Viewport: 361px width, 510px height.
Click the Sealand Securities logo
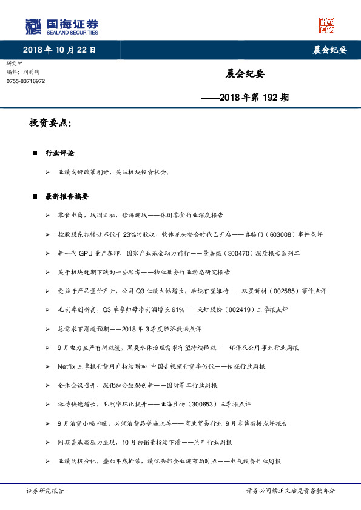point(61,26)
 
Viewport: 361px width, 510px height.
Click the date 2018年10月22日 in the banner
point(59,50)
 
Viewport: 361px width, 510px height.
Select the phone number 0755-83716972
point(25,81)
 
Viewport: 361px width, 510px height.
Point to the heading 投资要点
point(50,123)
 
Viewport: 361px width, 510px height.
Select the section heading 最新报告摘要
point(67,196)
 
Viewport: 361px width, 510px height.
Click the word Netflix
point(69,366)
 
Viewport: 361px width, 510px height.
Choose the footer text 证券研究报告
point(44,491)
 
